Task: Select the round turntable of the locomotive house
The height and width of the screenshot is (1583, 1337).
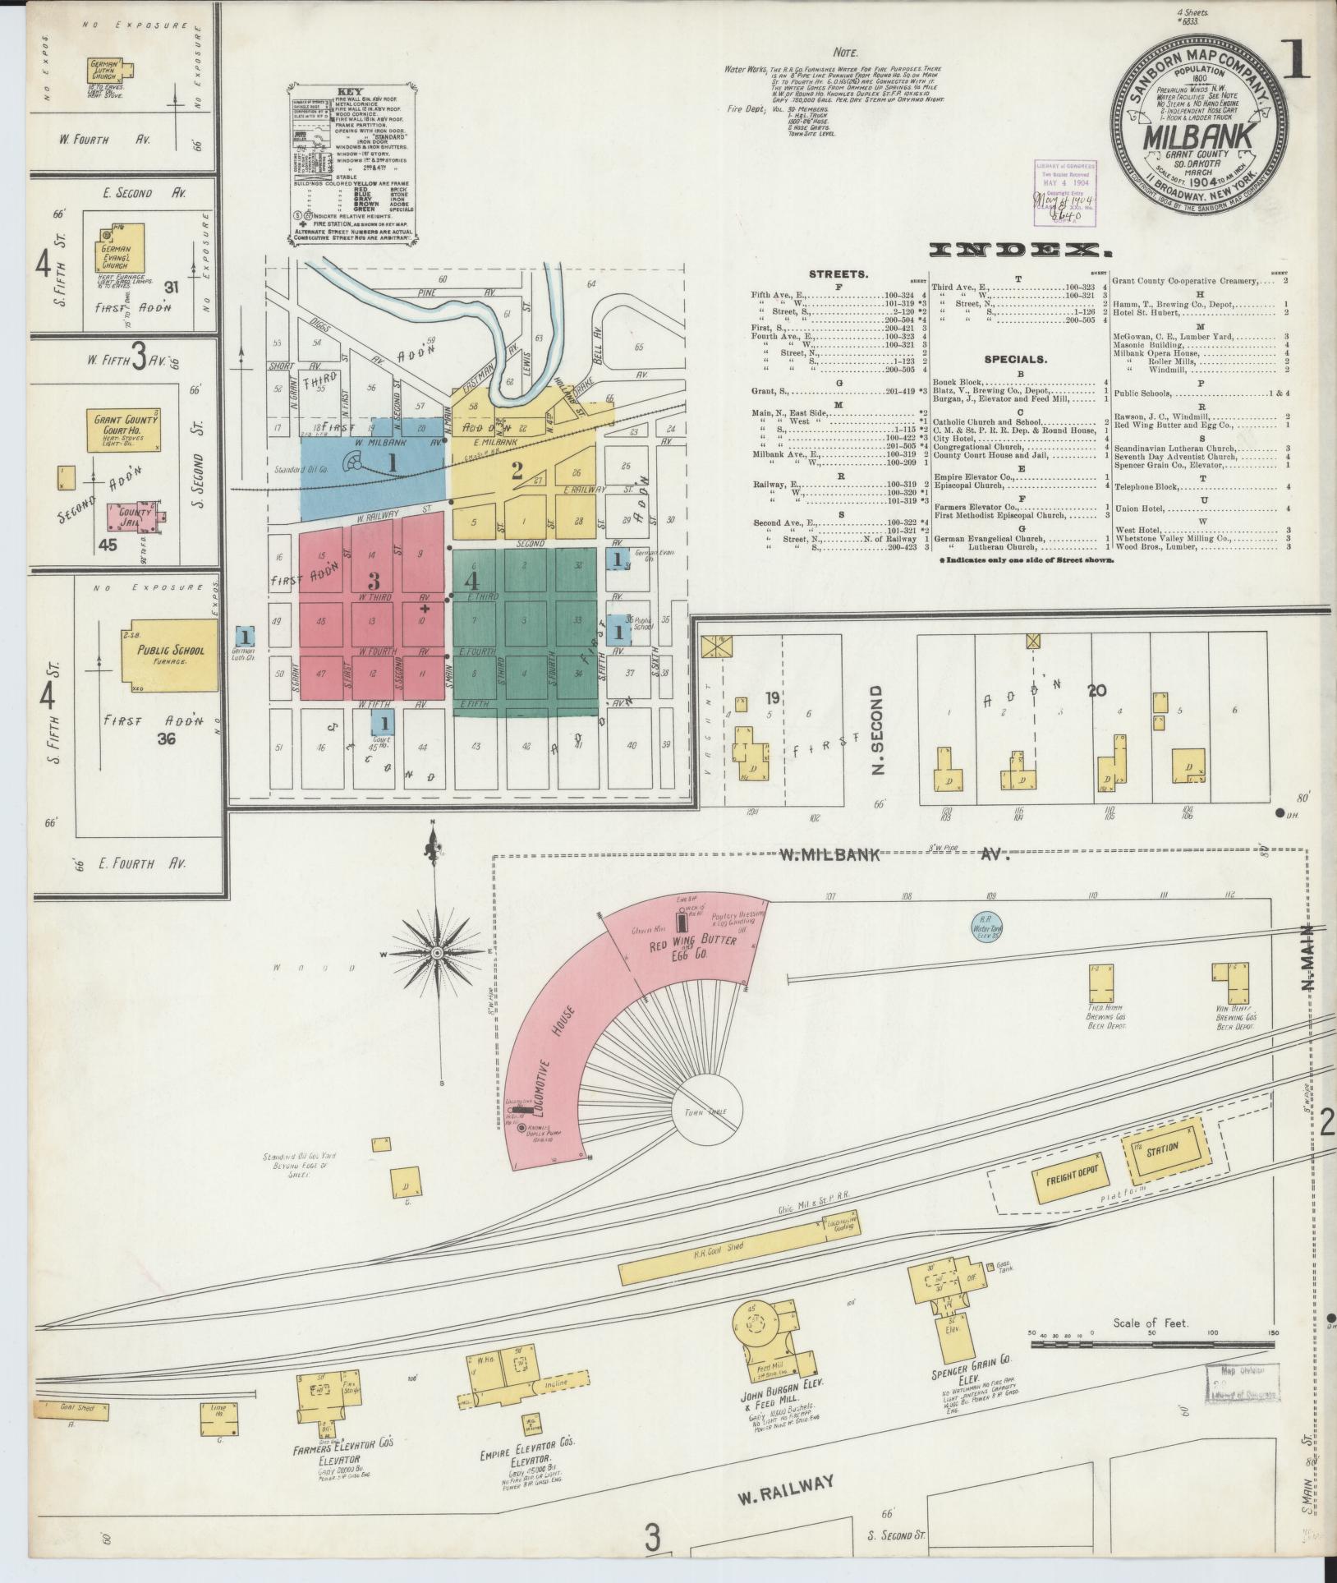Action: [708, 1110]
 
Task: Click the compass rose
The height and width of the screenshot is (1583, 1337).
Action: [437, 952]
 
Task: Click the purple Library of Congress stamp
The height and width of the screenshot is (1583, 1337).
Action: [1064, 191]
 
